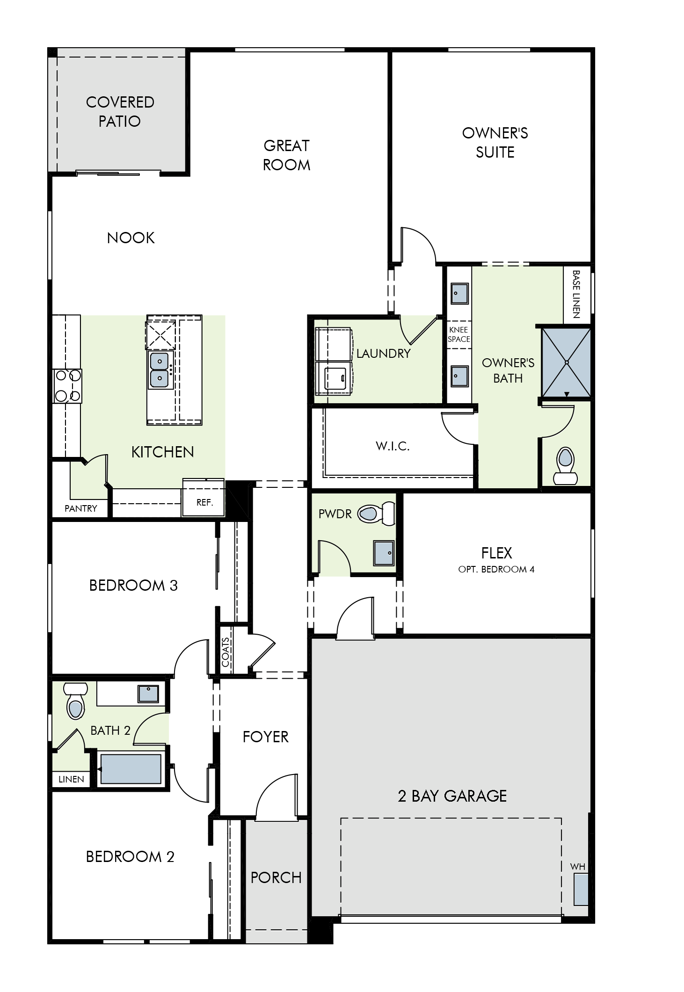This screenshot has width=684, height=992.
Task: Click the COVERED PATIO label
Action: tap(120, 112)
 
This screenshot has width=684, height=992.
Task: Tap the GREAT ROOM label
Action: tap(286, 155)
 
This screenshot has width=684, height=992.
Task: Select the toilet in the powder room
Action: tap(376, 514)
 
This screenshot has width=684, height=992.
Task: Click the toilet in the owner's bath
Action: tap(565, 465)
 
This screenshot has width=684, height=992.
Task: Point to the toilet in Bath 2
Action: tap(75, 702)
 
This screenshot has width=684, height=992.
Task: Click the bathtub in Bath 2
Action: tap(131, 770)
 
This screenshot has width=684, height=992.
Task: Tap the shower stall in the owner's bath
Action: tap(566, 362)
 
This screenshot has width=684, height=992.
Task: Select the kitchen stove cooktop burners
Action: tap(67, 386)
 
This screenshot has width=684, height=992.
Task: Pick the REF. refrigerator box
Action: tap(204, 503)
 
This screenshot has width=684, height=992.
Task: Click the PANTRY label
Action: tap(81, 508)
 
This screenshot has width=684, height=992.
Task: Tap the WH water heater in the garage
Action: tap(581, 889)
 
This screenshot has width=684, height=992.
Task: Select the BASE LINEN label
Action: tap(576, 294)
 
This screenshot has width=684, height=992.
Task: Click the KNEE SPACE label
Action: tap(458, 334)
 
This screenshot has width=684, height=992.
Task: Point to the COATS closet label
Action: tap(226, 652)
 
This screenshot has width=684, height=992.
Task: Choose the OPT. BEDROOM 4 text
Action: tap(496, 570)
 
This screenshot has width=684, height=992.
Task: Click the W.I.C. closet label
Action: tap(393, 446)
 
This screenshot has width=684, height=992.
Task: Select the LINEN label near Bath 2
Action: tap(72, 779)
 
